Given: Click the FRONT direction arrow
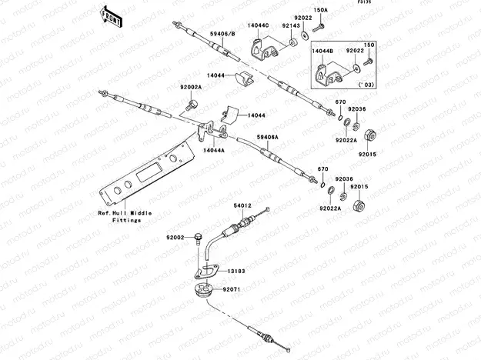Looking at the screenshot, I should point(111,16).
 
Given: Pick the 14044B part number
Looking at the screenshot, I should point(322,50).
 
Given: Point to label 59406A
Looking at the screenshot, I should point(267,136).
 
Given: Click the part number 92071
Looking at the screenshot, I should point(232,289).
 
